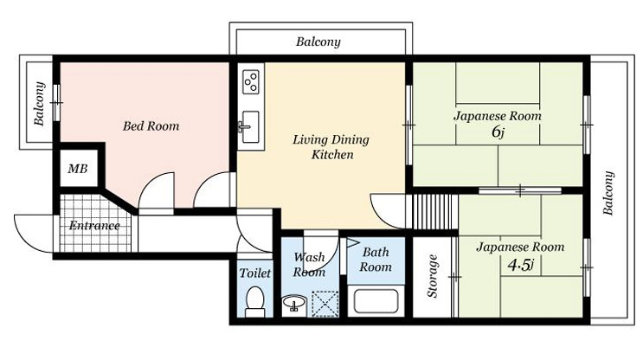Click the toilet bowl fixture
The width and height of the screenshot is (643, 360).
click(254, 302)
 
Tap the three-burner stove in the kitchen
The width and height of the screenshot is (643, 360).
click(251, 81)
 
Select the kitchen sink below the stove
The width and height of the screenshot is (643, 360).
click(250, 126)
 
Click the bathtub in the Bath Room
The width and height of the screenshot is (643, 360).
click(376, 301)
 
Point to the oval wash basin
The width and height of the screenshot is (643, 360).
click(294, 304)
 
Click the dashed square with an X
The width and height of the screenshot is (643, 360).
click(325, 304)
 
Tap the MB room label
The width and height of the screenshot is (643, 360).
click(78, 169)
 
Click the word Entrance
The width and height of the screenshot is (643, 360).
click(94, 226)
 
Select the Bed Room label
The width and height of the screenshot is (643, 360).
click(151, 125)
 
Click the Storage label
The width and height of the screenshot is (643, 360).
click(433, 275)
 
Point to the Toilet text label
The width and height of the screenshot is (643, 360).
click(255, 273)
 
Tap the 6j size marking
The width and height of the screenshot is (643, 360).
click(498, 132)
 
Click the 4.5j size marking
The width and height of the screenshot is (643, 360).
click(520, 265)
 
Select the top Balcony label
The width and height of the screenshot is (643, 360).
click(318, 42)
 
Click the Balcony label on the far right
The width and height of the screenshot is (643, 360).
click(608, 193)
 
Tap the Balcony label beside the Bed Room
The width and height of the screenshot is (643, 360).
click(39, 103)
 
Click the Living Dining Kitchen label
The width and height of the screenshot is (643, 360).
click(331, 147)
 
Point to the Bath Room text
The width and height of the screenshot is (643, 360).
click(376, 259)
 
